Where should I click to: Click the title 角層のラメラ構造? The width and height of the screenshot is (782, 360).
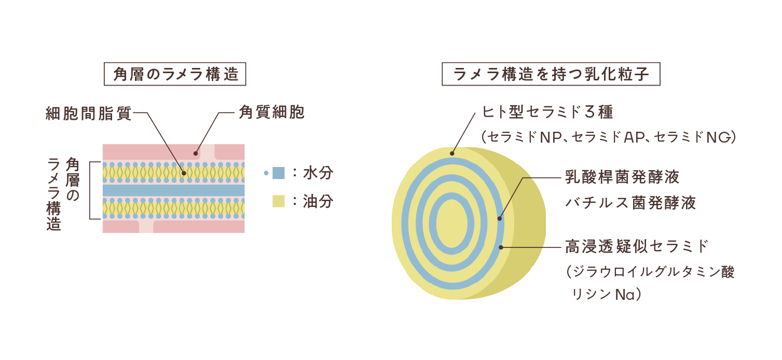tap(175, 75)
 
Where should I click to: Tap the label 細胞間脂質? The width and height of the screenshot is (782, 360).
tap(88, 113)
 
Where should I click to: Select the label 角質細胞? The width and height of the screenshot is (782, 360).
tap(271, 113)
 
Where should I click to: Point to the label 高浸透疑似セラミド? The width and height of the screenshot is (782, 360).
tap(637, 246)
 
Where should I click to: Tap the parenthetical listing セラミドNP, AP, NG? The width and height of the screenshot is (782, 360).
tap(608, 137)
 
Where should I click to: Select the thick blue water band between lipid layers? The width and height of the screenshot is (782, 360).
tap(173, 190)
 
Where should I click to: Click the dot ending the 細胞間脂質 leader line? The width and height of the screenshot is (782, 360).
tap(183, 173)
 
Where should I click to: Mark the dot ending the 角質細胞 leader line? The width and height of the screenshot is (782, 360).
tap(196, 153)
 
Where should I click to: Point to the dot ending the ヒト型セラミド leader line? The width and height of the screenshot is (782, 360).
tap(452, 153)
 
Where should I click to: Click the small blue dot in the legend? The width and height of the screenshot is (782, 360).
tap(266, 173)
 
